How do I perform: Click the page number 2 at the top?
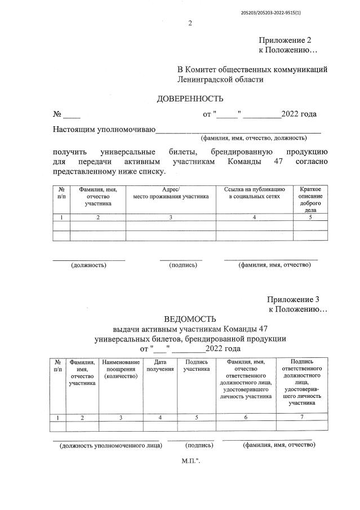click(190, 23)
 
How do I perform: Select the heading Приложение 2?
click(285, 41)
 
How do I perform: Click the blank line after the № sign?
click(72, 115)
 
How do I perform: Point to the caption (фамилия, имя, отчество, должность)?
click(253, 138)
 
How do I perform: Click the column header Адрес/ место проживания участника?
click(171, 193)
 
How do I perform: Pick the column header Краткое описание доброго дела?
click(310, 199)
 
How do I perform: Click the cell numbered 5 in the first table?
click(310, 217)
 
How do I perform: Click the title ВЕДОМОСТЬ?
click(190, 319)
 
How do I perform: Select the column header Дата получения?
click(160, 365)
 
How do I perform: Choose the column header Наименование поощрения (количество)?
click(121, 369)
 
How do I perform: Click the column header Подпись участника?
click(196, 365)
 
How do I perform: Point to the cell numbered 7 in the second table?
click(302, 417)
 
